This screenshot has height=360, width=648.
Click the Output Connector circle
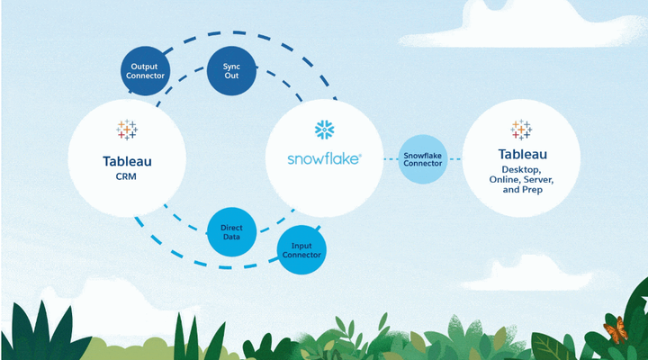(147, 70)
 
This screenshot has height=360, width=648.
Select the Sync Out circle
(232, 70)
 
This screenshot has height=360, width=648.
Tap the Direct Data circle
(232, 232)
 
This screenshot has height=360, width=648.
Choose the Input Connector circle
(301, 249)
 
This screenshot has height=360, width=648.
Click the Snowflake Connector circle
(422, 157)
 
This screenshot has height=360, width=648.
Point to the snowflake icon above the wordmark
(324, 130)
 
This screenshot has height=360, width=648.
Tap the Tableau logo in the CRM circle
(127, 130)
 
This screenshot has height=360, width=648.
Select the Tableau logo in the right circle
(521, 130)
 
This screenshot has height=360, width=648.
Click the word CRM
(127, 178)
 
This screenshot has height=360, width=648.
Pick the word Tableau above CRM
(127, 161)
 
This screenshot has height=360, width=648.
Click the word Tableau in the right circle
(522, 154)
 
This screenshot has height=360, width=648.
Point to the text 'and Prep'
(522, 192)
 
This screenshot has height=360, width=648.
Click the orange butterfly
(616, 332)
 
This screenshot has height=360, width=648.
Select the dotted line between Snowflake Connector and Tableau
(454, 158)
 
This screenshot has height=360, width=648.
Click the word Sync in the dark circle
(232, 66)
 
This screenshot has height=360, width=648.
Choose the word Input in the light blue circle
(301, 244)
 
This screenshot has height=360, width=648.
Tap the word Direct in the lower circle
(232, 227)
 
